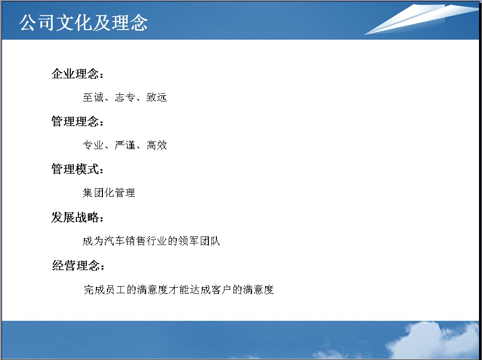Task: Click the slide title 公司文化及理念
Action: [x=84, y=23]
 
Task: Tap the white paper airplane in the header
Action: [x=421, y=19]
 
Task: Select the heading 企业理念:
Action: [x=77, y=74]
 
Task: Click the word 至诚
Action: [x=93, y=97]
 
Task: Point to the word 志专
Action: [x=125, y=97]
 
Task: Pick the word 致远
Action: [x=157, y=97]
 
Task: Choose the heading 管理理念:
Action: [x=77, y=121]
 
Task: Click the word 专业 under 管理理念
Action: [x=93, y=145]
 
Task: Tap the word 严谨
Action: [x=125, y=145]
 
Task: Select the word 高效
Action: [x=157, y=145]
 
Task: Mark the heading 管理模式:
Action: [x=77, y=169]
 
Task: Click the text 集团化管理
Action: [x=109, y=193]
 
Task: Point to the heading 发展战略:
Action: [x=77, y=217]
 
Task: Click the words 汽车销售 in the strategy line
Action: [x=125, y=241]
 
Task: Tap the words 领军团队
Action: [x=199, y=241]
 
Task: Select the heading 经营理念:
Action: [x=78, y=265]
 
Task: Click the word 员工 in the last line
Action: [x=115, y=289]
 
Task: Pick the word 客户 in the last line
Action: [x=221, y=289]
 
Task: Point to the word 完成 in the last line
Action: [x=94, y=289]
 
